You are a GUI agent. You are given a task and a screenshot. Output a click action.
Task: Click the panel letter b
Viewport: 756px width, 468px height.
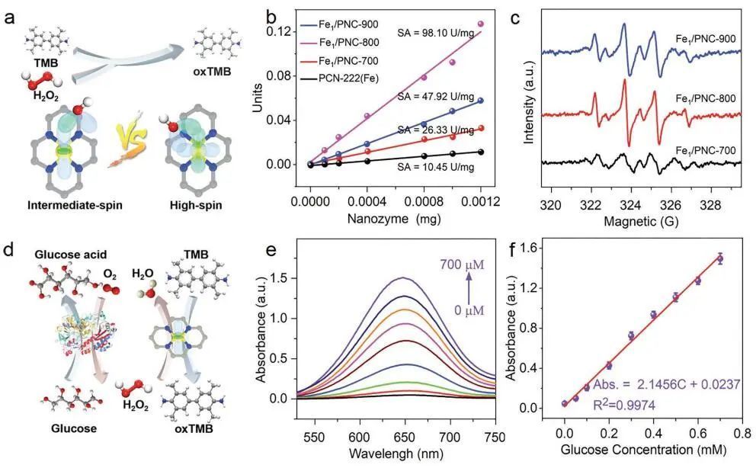271,14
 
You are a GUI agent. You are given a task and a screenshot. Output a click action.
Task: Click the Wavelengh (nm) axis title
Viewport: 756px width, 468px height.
405,456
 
